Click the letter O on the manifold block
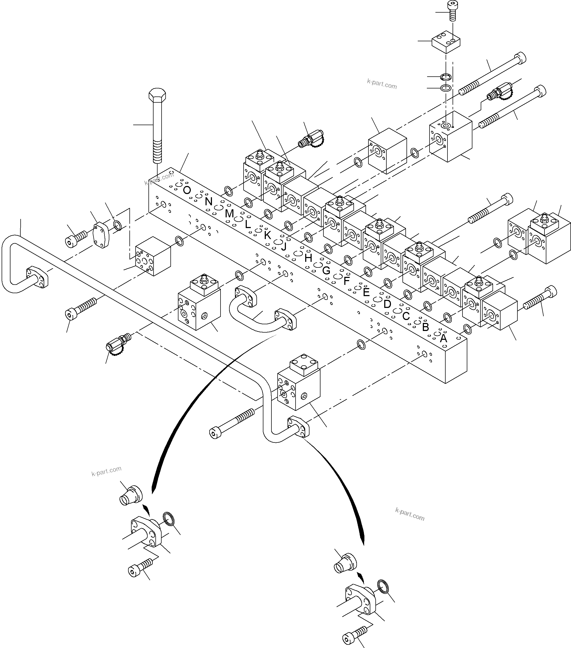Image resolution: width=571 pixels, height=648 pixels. (187, 190)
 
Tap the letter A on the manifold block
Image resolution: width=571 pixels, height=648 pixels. (443, 338)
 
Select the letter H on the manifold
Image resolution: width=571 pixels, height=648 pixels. (308, 258)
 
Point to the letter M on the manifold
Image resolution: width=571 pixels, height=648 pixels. (229, 214)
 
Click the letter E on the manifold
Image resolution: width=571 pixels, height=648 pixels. (366, 292)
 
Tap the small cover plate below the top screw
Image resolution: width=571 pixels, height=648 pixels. (446, 42)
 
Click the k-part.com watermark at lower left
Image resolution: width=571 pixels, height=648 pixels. (106, 471)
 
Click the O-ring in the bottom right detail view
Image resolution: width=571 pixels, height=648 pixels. (385, 587)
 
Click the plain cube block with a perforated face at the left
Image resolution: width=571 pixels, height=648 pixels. (152, 255)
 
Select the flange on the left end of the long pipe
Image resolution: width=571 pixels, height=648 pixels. (37, 277)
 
